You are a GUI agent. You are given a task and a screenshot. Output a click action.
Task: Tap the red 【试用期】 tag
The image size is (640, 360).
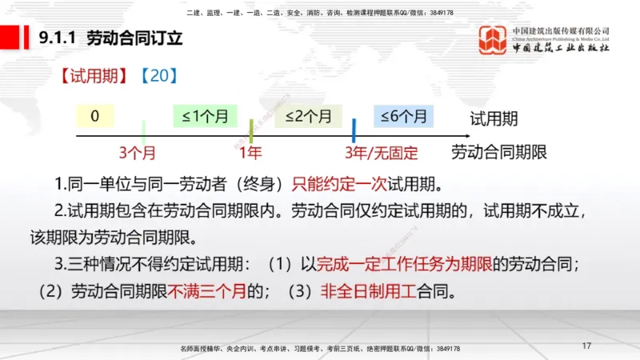pyautogui.click(x=92, y=77)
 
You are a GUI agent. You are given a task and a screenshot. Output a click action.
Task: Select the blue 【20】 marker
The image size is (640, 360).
pyautogui.click(x=157, y=77)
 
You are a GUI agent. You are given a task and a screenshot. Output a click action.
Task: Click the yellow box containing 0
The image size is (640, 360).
pyautogui.click(x=95, y=116)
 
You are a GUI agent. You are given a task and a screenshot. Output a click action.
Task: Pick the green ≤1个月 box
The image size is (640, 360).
pyautogui.click(x=205, y=116)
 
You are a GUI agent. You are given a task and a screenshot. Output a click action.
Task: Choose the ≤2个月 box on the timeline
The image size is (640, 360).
pyautogui.click(x=308, y=116)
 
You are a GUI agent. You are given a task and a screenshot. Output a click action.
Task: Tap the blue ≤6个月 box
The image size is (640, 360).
pyautogui.click(x=404, y=116)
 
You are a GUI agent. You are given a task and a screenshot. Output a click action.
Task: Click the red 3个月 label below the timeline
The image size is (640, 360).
pyautogui.click(x=137, y=151)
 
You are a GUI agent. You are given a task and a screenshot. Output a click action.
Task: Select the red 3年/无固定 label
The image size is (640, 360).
pyautogui.click(x=382, y=151)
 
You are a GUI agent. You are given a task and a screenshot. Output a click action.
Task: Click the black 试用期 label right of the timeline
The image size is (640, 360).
pyautogui.click(x=494, y=119)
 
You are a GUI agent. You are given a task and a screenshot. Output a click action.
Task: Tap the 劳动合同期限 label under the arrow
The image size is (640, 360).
pyautogui.click(x=498, y=151)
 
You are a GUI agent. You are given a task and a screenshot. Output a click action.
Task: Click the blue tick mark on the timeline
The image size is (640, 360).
pyautogui.click(x=354, y=130)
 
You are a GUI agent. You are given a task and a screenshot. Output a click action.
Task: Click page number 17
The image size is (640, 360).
pyautogui.click(x=586, y=346)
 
